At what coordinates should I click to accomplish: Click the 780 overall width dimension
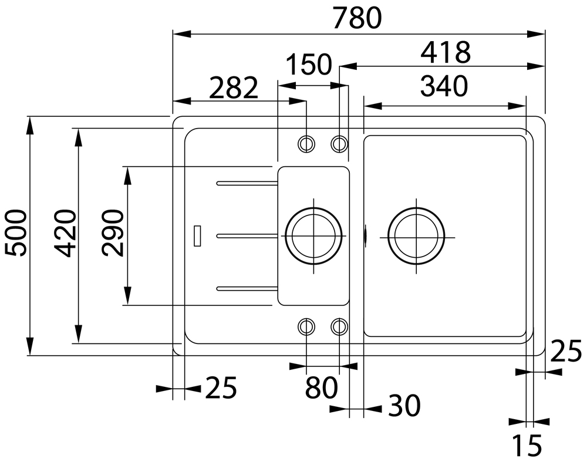(x=357, y=18)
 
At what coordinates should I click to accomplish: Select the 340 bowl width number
(x=444, y=86)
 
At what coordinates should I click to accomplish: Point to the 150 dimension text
(x=309, y=64)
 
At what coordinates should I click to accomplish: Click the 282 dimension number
(x=234, y=88)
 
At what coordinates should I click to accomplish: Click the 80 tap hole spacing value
(x=321, y=388)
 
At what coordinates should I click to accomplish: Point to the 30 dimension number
(x=404, y=406)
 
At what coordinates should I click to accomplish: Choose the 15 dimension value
(x=527, y=446)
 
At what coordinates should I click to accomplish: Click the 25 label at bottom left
(x=221, y=388)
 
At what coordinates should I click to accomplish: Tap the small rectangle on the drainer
(x=197, y=236)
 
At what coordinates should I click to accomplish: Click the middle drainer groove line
(x=247, y=236)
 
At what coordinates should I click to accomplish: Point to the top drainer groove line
(x=247, y=183)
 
